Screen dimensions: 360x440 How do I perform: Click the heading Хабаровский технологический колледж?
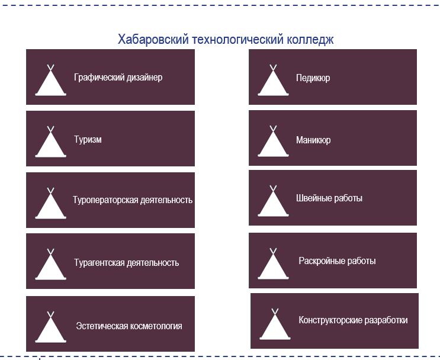point(226,40)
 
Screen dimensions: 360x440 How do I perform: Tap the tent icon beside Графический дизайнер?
point(51,82)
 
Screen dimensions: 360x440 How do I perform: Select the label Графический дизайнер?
point(118,78)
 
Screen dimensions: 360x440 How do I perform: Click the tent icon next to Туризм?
point(51,143)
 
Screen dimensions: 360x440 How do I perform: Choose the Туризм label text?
point(88,140)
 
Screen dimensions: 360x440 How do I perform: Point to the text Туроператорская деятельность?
point(133,200)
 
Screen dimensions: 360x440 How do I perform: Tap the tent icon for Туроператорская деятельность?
point(51,205)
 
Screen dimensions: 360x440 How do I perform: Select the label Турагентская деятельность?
point(126,263)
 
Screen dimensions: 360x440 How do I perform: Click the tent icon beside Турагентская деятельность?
point(51,266)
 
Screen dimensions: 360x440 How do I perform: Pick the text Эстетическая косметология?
point(129,326)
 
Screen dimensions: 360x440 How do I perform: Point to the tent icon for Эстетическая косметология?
point(51,329)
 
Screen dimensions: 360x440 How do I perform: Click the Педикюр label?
point(313,78)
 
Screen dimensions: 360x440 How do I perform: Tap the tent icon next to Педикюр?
point(273,82)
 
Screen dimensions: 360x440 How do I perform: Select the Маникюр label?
point(313,141)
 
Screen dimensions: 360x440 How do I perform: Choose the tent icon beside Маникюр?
point(273,143)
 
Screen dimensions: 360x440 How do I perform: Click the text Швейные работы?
point(329,198)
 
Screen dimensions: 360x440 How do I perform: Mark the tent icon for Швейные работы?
point(273,203)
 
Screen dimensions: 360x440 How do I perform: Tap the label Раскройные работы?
point(337,261)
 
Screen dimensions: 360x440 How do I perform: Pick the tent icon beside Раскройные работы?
point(273,265)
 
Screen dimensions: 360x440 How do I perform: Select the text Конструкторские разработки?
point(353,320)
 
